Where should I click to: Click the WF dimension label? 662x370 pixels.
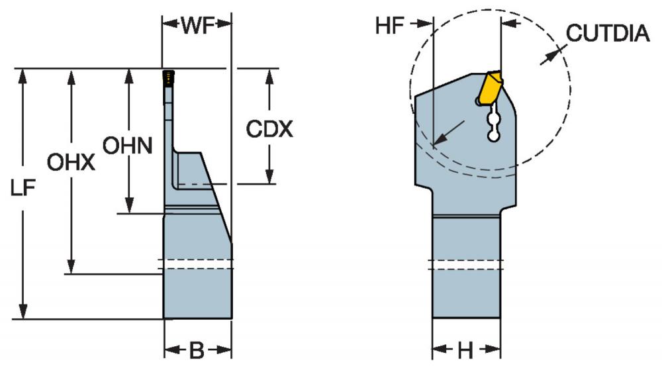[197, 26]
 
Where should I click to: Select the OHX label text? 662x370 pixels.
[71, 162]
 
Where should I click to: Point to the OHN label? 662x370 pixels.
[128, 146]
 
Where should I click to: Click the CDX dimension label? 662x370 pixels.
[269, 128]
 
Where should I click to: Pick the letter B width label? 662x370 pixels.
[197, 350]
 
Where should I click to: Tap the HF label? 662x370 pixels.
[390, 26]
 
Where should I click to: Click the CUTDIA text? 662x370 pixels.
[608, 33]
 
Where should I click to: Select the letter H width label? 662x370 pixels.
[465, 350]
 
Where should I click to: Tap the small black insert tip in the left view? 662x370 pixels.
[168, 77]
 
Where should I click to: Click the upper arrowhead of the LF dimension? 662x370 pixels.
[23, 76]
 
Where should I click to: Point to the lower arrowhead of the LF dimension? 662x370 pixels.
[23, 311]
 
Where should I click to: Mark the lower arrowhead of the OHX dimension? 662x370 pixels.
[71, 267]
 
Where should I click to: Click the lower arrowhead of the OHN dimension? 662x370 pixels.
[130, 206]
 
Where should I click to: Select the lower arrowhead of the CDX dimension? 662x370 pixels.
[269, 176]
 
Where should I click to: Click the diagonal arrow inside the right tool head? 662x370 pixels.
[449, 133]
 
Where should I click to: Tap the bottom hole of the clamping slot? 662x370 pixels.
[493, 136]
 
